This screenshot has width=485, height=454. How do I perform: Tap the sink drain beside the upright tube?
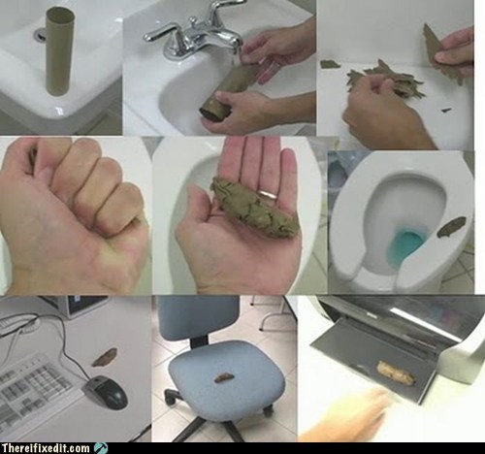coord(40,34)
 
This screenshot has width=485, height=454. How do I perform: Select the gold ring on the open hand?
coord(269,194)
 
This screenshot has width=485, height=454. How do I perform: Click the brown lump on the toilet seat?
coord(451,226)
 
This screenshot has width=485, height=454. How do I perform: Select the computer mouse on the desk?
coord(106,392)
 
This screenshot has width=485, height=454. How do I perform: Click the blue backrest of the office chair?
coord(198,316)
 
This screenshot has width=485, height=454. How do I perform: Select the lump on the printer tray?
coord(397,373)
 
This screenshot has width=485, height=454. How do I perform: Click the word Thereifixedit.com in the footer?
coord(46,448)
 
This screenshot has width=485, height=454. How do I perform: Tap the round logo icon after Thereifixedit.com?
coord(100,448)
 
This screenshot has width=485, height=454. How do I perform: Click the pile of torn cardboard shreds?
coord(385,80)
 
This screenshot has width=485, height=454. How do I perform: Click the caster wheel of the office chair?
coord(268,411)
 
